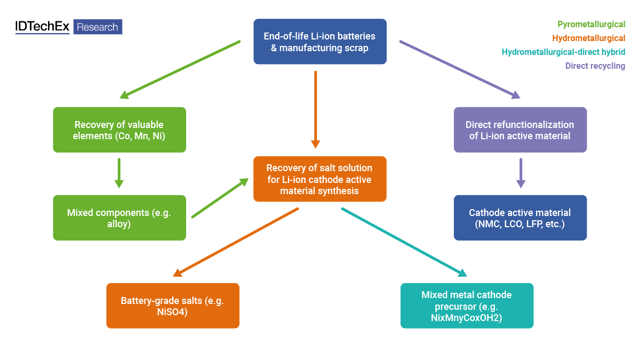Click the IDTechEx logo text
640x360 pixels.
pyautogui.click(x=43, y=27)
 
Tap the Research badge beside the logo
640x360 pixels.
pyautogui.click(x=98, y=27)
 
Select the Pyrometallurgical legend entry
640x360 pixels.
pyautogui.click(x=591, y=24)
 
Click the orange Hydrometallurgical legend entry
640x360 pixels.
pyautogui.click(x=589, y=38)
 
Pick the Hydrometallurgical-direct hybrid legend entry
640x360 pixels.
pyautogui.click(x=563, y=52)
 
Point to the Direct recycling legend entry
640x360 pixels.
pyautogui.click(x=595, y=66)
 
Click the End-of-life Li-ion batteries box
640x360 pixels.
pyautogui.click(x=319, y=42)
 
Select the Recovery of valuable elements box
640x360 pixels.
pyautogui.click(x=119, y=130)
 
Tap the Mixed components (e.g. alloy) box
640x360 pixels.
pyautogui.click(x=119, y=218)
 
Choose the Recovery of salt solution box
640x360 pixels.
pyautogui.click(x=319, y=179)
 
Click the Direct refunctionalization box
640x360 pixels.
pyautogui.click(x=520, y=130)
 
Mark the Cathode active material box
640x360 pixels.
pyautogui.click(x=520, y=218)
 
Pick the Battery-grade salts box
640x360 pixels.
pyautogui.click(x=173, y=306)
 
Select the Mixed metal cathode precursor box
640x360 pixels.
pyautogui.click(x=467, y=306)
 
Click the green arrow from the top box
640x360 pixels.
pyautogui.click(x=180, y=69)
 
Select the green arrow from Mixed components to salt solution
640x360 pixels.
pyautogui.click(x=220, y=198)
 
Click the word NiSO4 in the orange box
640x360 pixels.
pyautogui.click(x=173, y=311)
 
